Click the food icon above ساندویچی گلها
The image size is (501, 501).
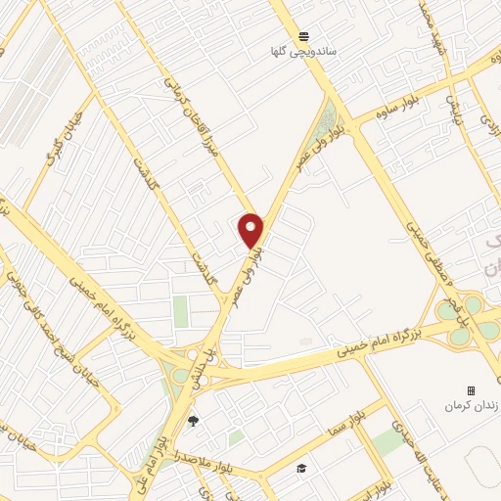306,33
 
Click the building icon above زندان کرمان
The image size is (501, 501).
471,389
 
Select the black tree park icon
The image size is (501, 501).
192,422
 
